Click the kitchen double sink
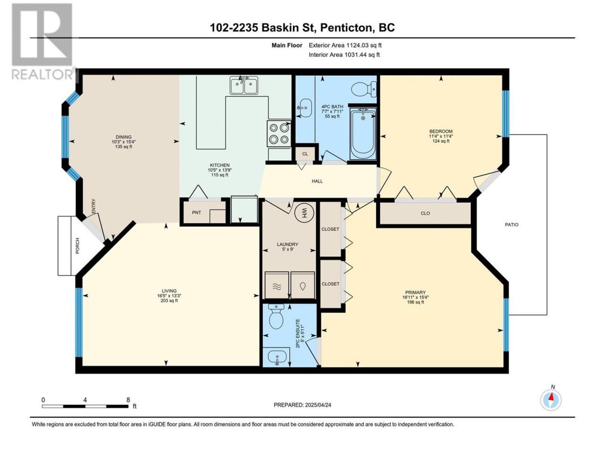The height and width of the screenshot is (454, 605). click(x=243, y=86)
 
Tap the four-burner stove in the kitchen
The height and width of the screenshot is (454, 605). click(x=279, y=133)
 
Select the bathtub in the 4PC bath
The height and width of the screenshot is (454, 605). click(x=363, y=133)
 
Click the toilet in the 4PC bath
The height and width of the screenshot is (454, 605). click(x=364, y=89)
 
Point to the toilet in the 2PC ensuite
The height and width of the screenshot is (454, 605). click(x=276, y=316)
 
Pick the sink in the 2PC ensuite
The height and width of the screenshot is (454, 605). click(x=277, y=357)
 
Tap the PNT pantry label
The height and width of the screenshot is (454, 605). click(x=196, y=212)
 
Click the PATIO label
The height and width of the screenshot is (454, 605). click(x=511, y=225)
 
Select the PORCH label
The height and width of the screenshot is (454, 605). click(x=78, y=245)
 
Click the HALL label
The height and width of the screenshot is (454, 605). click(x=317, y=181)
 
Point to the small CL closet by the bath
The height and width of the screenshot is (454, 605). click(x=305, y=154)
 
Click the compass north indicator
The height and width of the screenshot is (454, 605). click(x=551, y=400)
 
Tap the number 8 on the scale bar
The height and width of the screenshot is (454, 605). click(x=128, y=400)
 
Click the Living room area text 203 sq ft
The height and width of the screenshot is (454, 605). click(x=169, y=301)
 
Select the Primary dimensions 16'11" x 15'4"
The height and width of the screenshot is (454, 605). click(x=415, y=297)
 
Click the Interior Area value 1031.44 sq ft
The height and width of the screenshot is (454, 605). click(x=362, y=54)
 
